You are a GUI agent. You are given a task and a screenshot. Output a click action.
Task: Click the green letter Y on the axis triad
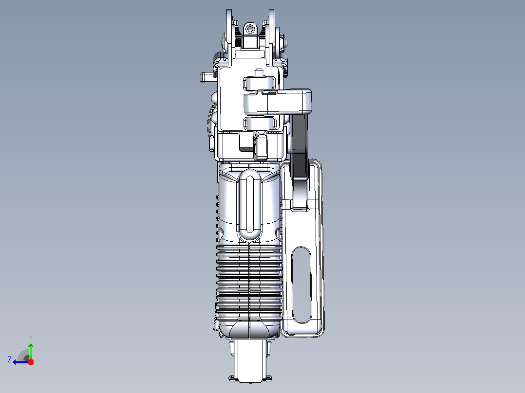coord(31,338)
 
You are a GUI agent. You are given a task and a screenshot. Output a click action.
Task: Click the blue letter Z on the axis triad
coord(10,359)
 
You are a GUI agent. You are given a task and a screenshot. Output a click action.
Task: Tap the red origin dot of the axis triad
coord(31,362)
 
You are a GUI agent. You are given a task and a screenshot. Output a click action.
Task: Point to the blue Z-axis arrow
coord(21,362)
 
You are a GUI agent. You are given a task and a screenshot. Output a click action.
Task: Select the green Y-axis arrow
coord(31,351)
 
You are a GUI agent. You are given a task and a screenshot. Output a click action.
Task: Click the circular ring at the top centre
coord(249,30)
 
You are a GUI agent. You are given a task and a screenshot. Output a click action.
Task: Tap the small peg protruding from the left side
coord(209,78)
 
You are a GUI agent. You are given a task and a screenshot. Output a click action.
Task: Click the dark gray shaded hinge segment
coord(299,164)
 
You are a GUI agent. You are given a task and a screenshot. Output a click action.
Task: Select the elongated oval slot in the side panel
coord(301,286)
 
